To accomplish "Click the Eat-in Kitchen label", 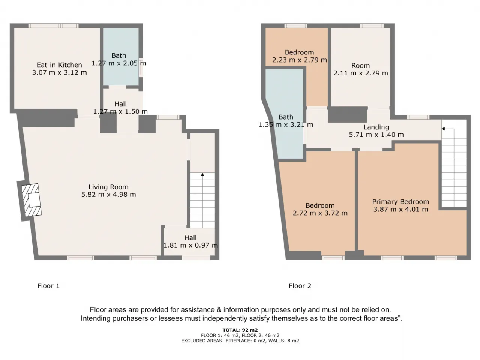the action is (59, 65).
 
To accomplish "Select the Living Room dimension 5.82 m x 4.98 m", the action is (108, 195).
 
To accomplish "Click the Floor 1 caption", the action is (48, 286).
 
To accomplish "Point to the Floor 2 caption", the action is (300, 286).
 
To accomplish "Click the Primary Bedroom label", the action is (400, 202).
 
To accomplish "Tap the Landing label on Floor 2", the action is (376, 127).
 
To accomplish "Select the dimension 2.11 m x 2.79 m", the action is (361, 73).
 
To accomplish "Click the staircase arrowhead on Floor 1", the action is (202, 175).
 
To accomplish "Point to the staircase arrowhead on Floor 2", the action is (443, 129).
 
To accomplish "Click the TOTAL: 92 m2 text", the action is (240, 330).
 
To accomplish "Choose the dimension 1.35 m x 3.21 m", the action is (286, 125).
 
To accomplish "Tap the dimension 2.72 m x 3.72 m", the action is (320, 213).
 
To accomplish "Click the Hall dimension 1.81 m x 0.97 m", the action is (190, 245).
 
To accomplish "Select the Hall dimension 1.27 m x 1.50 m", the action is (120, 111).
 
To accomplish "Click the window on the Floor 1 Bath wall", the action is (141, 67).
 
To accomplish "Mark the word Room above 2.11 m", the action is (361, 65).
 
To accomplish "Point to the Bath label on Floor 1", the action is (118, 56).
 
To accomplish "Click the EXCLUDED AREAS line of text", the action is (240, 340).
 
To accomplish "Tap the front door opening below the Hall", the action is (196, 258).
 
